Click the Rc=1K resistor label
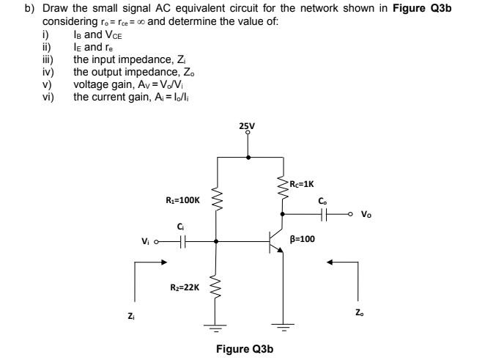[x=302, y=183]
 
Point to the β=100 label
[x=303, y=238]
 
